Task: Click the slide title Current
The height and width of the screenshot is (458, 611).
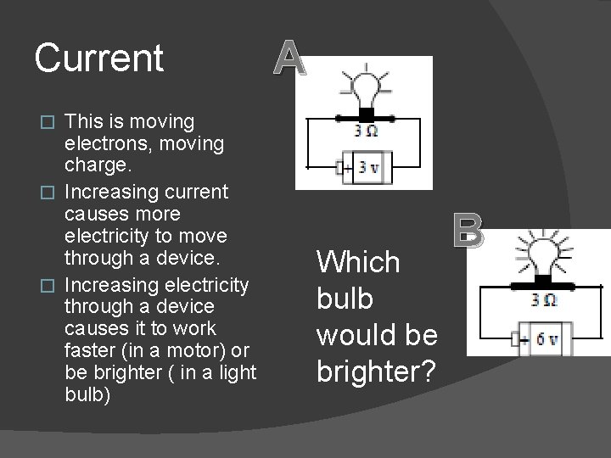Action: pos(99,59)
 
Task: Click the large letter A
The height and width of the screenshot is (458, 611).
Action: pos(289,59)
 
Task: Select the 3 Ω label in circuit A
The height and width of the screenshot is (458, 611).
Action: pos(367,131)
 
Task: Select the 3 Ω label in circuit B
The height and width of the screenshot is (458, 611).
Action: pos(543,299)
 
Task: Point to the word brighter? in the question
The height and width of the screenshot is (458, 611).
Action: pos(377,372)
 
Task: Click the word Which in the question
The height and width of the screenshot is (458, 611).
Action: pos(357,262)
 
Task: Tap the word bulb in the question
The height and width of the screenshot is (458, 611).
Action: pos(345,299)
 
